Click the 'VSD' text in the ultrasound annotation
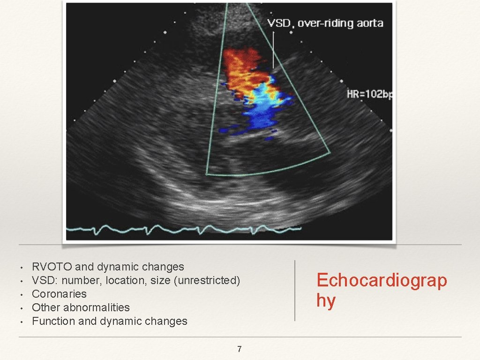(278, 23)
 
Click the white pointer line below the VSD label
(273, 49)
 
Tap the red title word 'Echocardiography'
(381, 290)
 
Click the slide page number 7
(240, 349)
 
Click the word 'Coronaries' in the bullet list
(59, 294)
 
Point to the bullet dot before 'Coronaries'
(22, 295)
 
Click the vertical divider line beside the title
(295, 291)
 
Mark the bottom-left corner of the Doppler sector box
(207, 174)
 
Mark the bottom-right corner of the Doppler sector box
(330, 153)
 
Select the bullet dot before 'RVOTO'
(22, 268)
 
